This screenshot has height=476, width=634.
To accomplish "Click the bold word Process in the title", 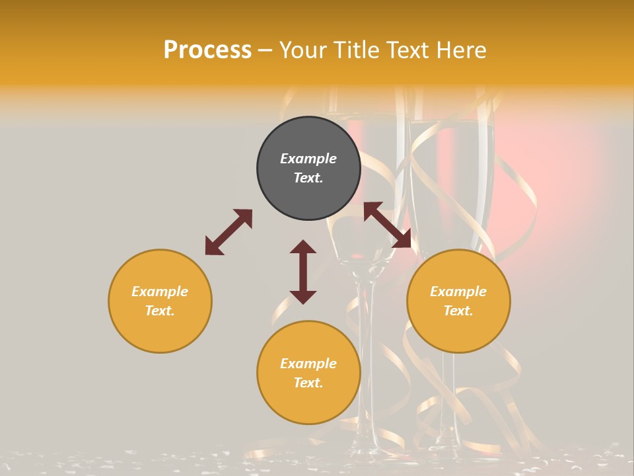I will click(207, 50).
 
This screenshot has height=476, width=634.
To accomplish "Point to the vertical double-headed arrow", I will click(303, 272).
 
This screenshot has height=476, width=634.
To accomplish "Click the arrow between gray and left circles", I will click(229, 232).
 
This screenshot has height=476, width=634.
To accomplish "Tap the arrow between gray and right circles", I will click(388, 225).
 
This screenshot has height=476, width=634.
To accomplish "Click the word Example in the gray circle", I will click(308, 159).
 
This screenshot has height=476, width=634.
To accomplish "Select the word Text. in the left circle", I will click(160, 311).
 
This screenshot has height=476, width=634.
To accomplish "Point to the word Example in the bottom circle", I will click(308, 364).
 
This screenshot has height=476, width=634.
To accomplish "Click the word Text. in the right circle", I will click(458, 311).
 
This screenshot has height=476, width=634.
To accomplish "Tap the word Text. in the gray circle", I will click(308, 178).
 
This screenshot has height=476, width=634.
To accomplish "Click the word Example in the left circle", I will click(160, 292).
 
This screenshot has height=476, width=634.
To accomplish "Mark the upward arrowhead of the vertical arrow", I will click(303, 247).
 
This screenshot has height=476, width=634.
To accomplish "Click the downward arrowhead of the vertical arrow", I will click(303, 297).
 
